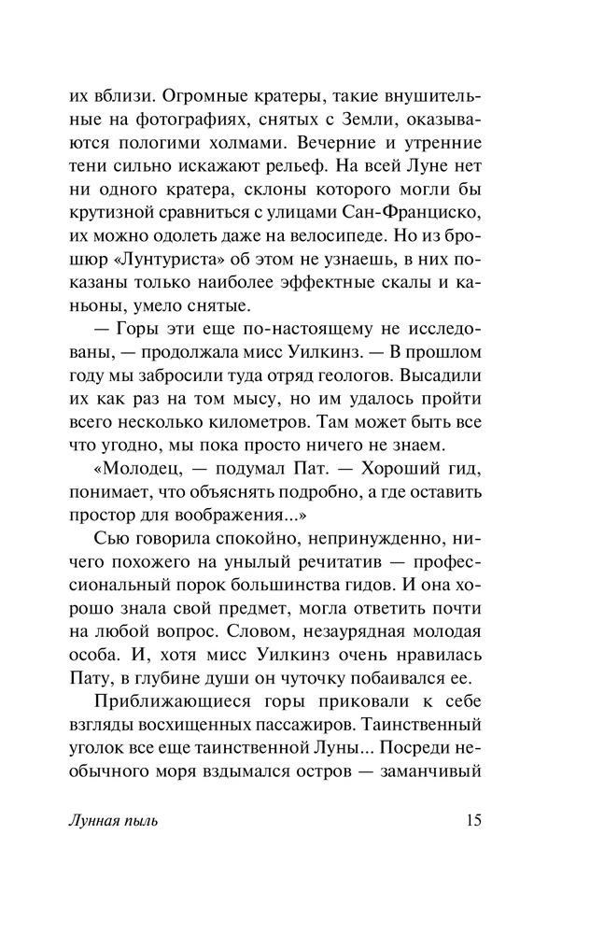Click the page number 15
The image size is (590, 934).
pyautogui.click(x=471, y=822)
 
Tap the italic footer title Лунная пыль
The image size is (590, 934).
pyautogui.click(x=116, y=822)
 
